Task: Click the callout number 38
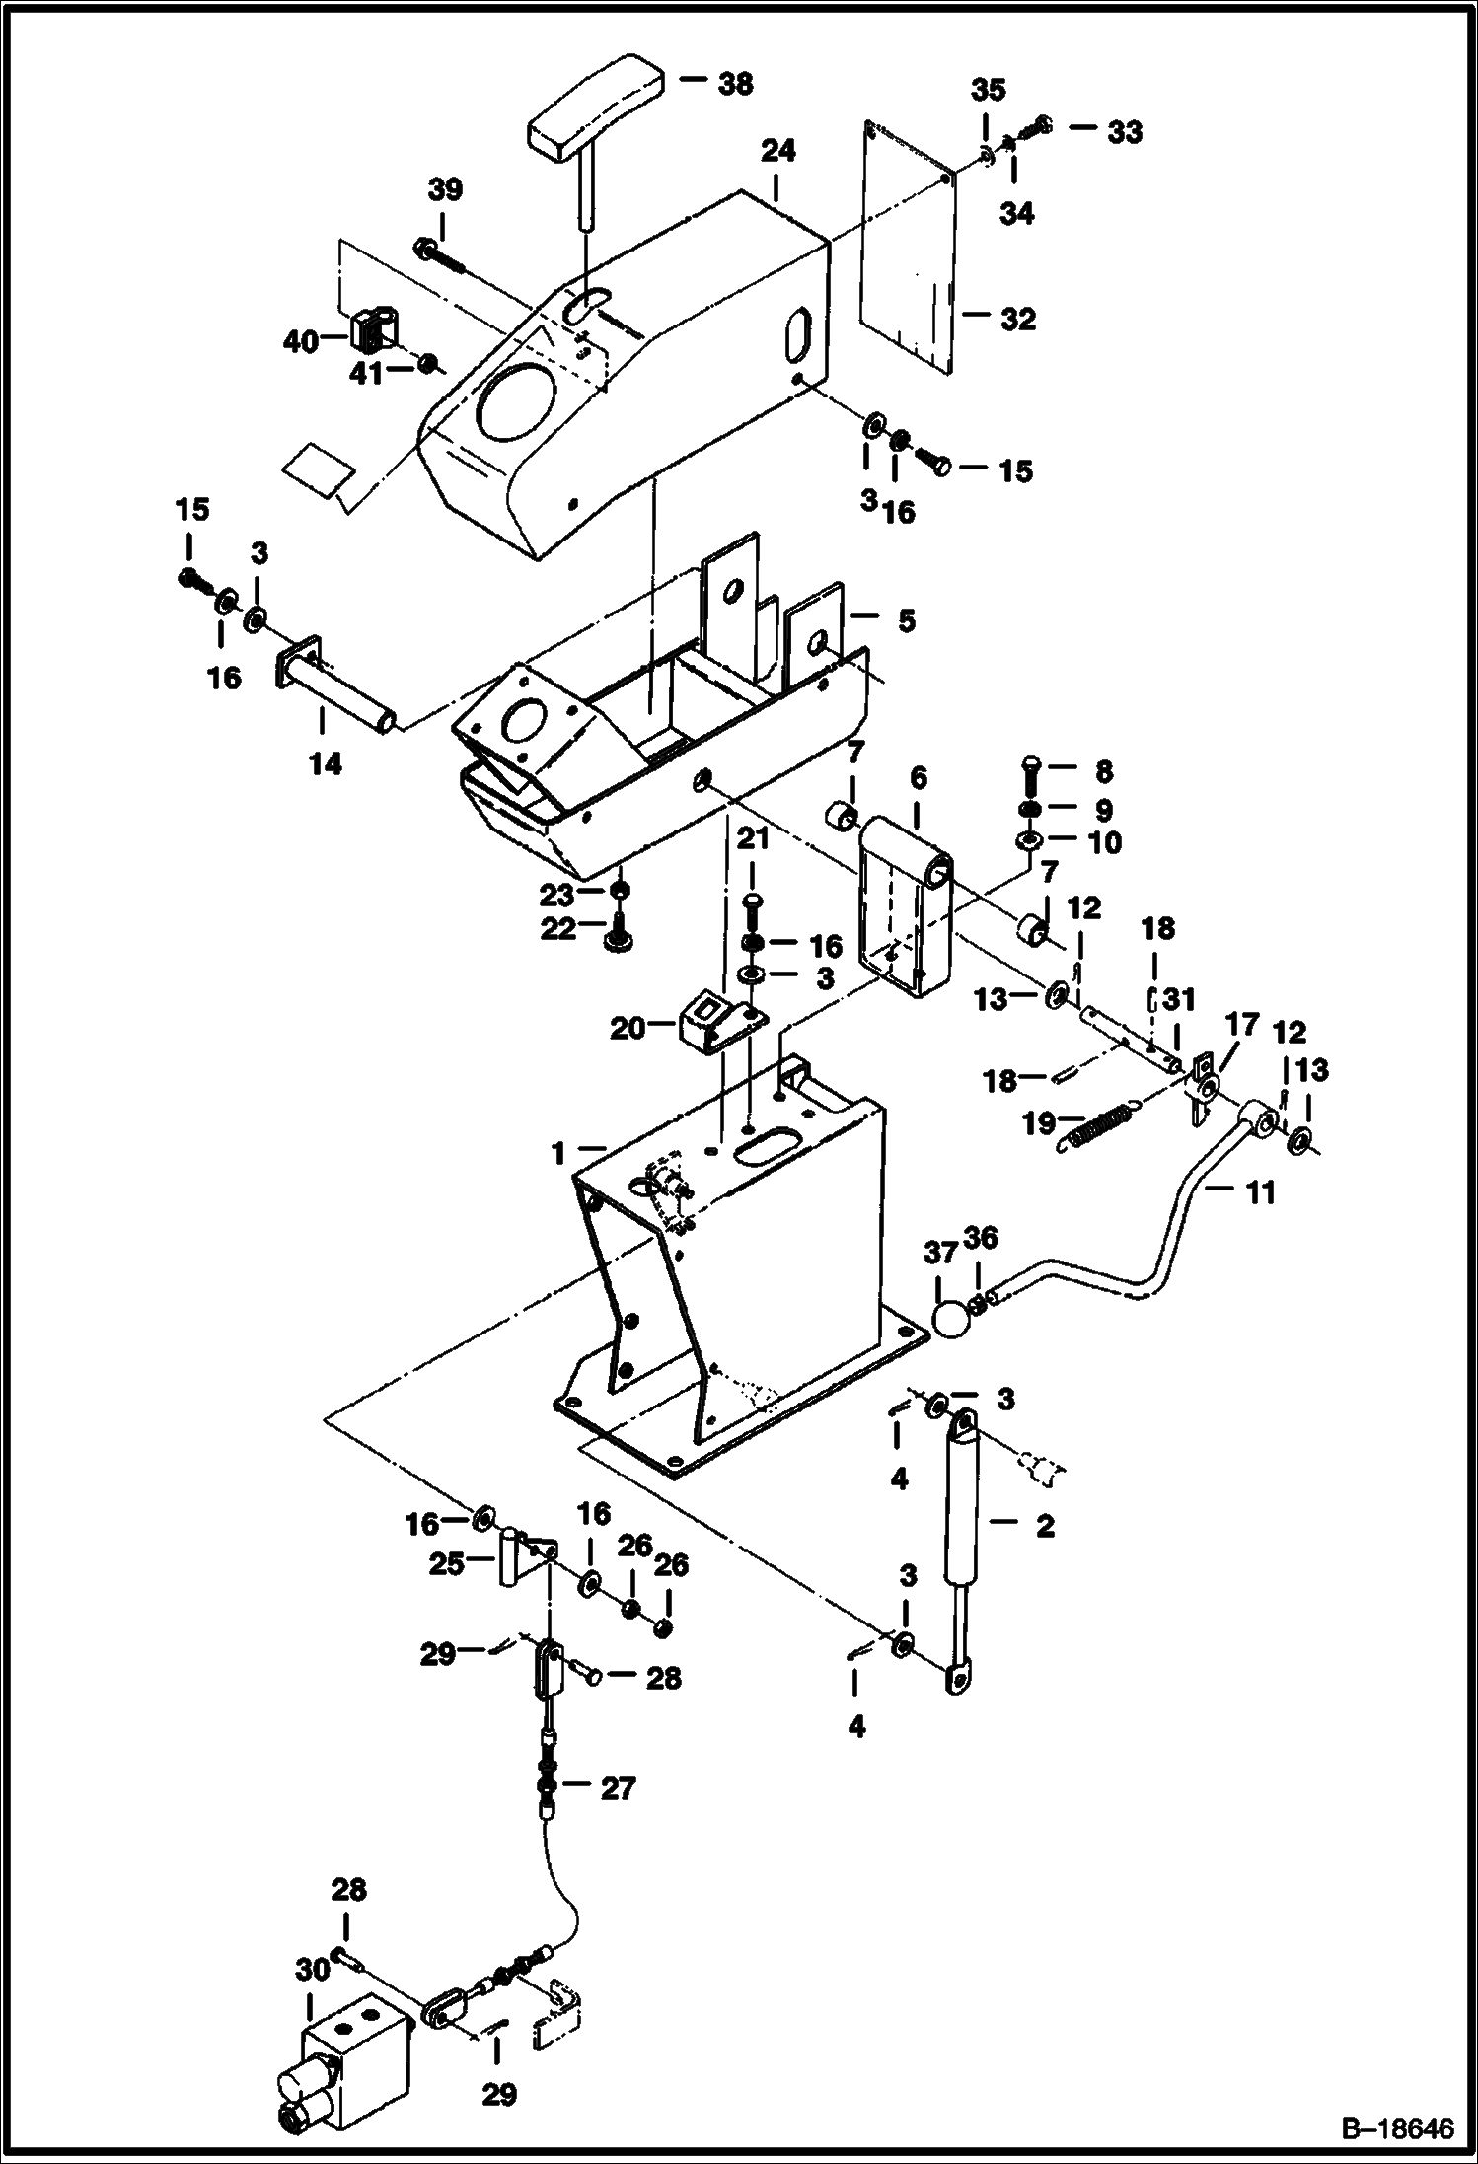tap(735, 84)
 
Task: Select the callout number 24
tap(777, 151)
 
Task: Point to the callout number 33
tap(1123, 131)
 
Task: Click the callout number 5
tap(905, 621)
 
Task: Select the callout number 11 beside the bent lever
tap(1260, 1193)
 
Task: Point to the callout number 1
tap(558, 1150)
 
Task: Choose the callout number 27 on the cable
tap(618, 1788)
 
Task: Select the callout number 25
tap(446, 1563)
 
